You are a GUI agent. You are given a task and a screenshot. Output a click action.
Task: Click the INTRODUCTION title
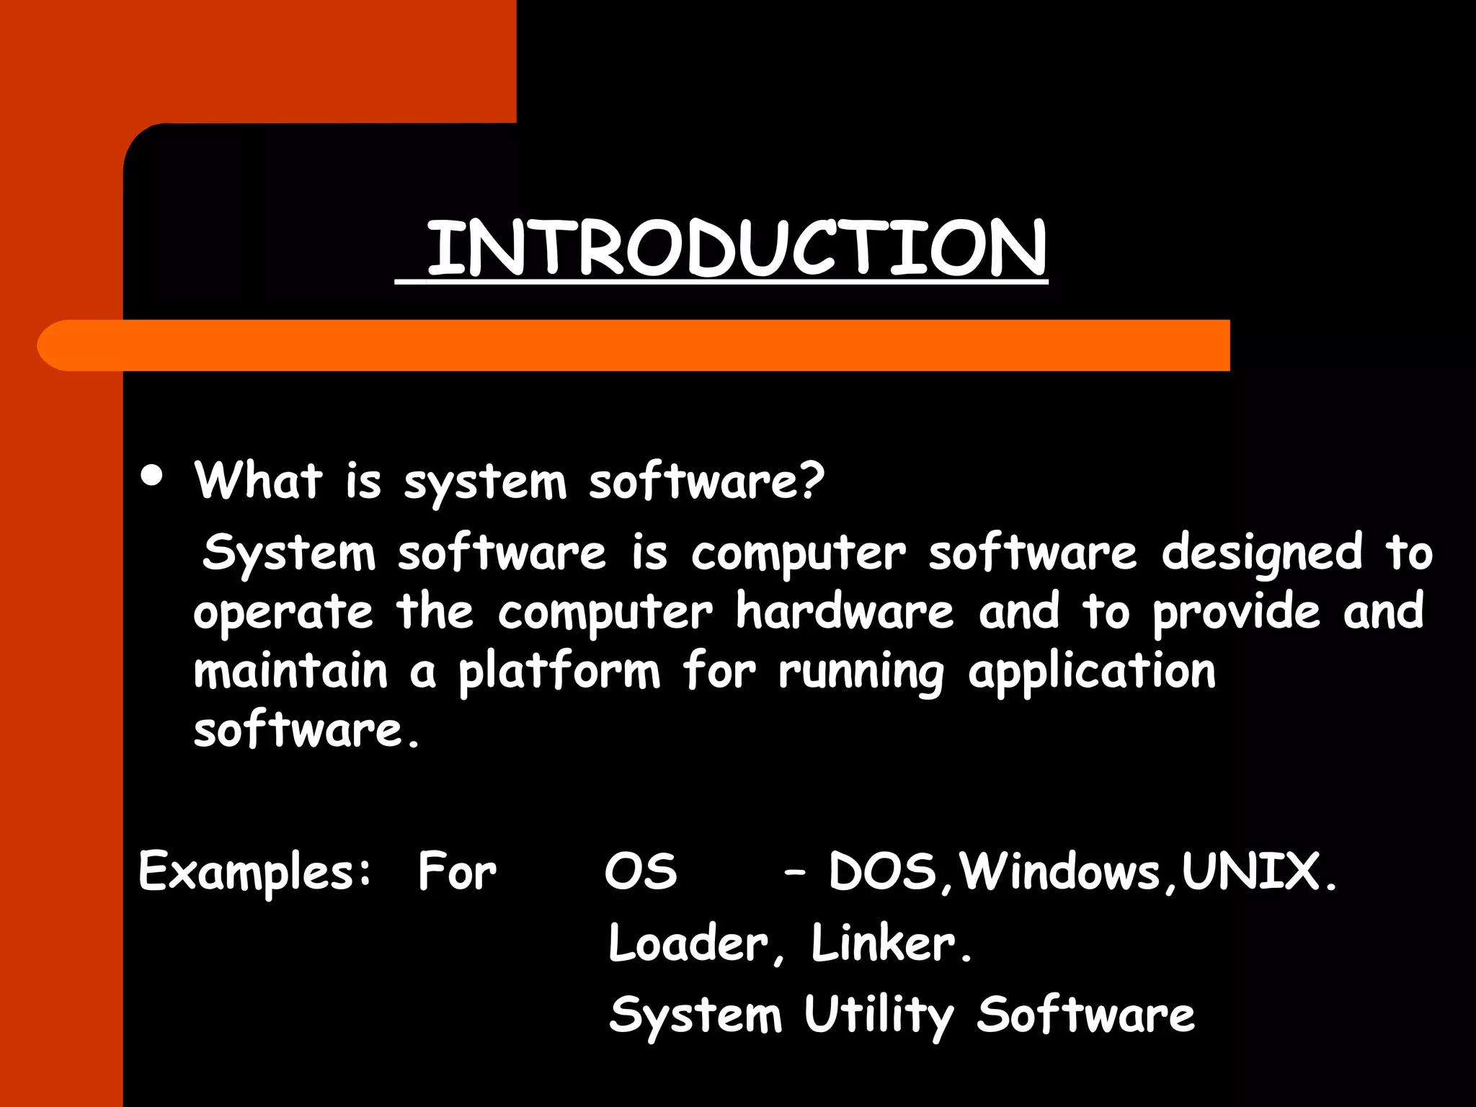737,248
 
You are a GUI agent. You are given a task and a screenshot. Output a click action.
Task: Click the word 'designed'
1262,553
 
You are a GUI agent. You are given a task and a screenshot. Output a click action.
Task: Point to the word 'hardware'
845,613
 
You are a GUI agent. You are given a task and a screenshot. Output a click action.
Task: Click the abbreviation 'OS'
641,871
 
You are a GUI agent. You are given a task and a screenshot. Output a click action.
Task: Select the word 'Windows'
1060,871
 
